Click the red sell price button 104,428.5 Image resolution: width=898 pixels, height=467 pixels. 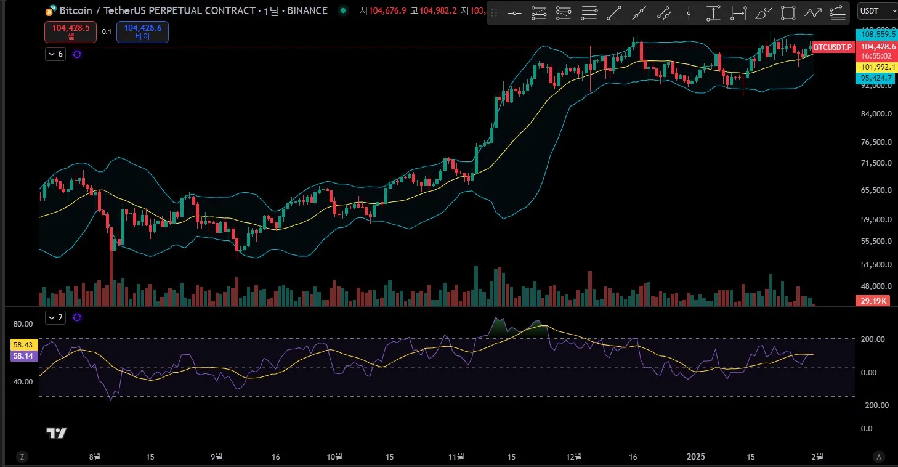pyautogui.click(x=70, y=31)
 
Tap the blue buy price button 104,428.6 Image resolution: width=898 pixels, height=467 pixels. pyautogui.click(x=142, y=31)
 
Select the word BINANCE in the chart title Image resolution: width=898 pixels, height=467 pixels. pyautogui.click(x=307, y=10)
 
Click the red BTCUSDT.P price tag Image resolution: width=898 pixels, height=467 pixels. pyautogui.click(x=832, y=47)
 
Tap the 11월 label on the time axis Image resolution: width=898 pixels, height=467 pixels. pyautogui.click(x=456, y=457)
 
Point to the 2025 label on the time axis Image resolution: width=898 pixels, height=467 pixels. pyautogui.click(x=695, y=457)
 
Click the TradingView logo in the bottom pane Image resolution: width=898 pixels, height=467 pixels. pyautogui.click(x=56, y=433)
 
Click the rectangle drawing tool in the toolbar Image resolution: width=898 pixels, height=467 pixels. pyautogui.click(x=788, y=12)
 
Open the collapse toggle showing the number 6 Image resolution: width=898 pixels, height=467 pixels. pyautogui.click(x=55, y=54)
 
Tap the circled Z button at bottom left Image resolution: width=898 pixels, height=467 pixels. pyautogui.click(x=22, y=457)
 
